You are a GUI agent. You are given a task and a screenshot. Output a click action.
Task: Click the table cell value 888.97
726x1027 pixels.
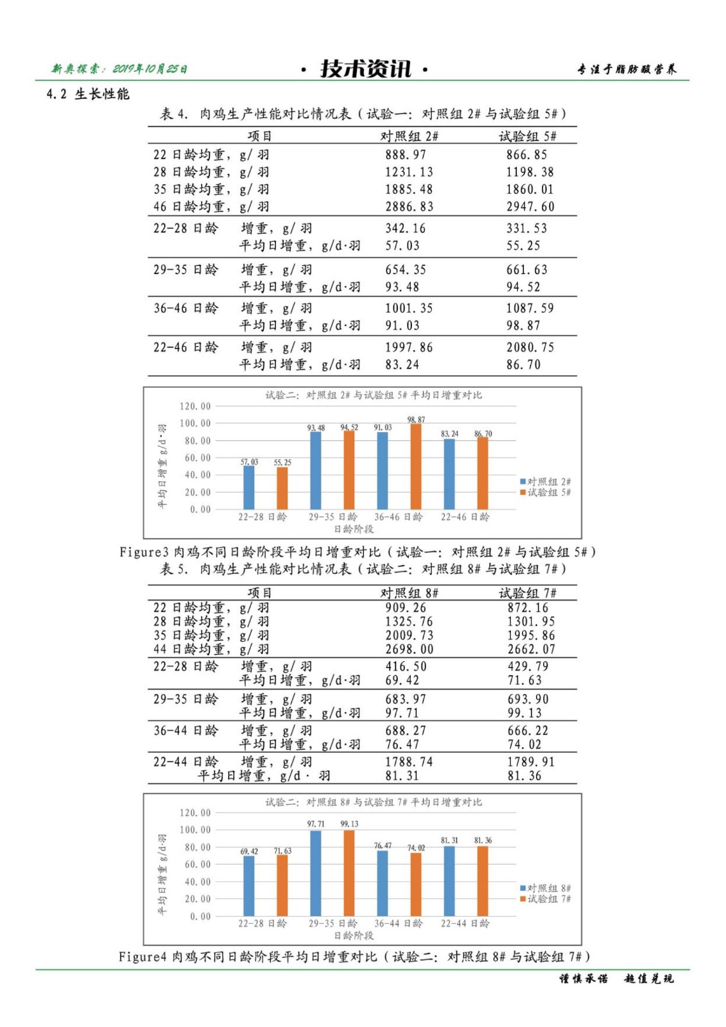click(405, 155)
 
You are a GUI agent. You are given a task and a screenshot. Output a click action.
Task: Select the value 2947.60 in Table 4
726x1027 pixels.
click(530, 207)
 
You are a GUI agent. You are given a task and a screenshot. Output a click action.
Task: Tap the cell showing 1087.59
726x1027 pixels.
click(530, 308)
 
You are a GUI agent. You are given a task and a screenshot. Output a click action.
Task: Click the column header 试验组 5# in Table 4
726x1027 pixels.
click(528, 136)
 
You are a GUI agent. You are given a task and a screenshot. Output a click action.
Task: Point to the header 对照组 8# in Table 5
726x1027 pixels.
click(409, 593)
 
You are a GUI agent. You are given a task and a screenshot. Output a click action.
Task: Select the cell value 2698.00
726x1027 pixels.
click(409, 650)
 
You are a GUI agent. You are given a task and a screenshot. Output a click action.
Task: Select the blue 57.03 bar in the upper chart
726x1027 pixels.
click(249, 487)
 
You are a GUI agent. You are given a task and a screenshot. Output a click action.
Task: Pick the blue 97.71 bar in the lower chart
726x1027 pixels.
click(316, 873)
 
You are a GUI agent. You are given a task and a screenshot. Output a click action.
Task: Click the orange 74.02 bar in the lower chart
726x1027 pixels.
click(416, 884)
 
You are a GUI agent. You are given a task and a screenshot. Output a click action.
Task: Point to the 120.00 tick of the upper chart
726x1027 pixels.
click(195, 406)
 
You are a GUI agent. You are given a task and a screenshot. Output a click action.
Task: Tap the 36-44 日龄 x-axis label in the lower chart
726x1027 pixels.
click(398, 924)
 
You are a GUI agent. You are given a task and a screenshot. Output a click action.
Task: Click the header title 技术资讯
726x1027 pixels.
click(365, 69)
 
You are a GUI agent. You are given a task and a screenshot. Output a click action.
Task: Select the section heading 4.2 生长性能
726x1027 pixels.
click(88, 94)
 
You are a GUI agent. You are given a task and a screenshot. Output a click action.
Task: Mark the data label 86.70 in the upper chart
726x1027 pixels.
click(483, 434)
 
